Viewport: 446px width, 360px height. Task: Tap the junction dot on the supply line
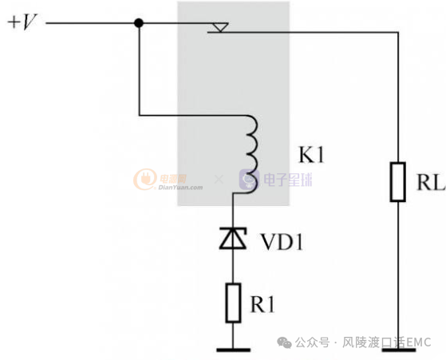(138, 23)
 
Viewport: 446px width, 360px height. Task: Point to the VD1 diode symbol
(232, 238)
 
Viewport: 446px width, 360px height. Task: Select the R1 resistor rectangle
(232, 303)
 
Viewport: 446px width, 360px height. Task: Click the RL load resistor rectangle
(397, 181)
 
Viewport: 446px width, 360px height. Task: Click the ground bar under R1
(232, 348)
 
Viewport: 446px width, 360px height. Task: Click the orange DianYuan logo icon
(145, 180)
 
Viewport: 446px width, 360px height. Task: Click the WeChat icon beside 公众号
(285, 342)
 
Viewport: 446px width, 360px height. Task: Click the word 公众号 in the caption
(312, 342)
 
